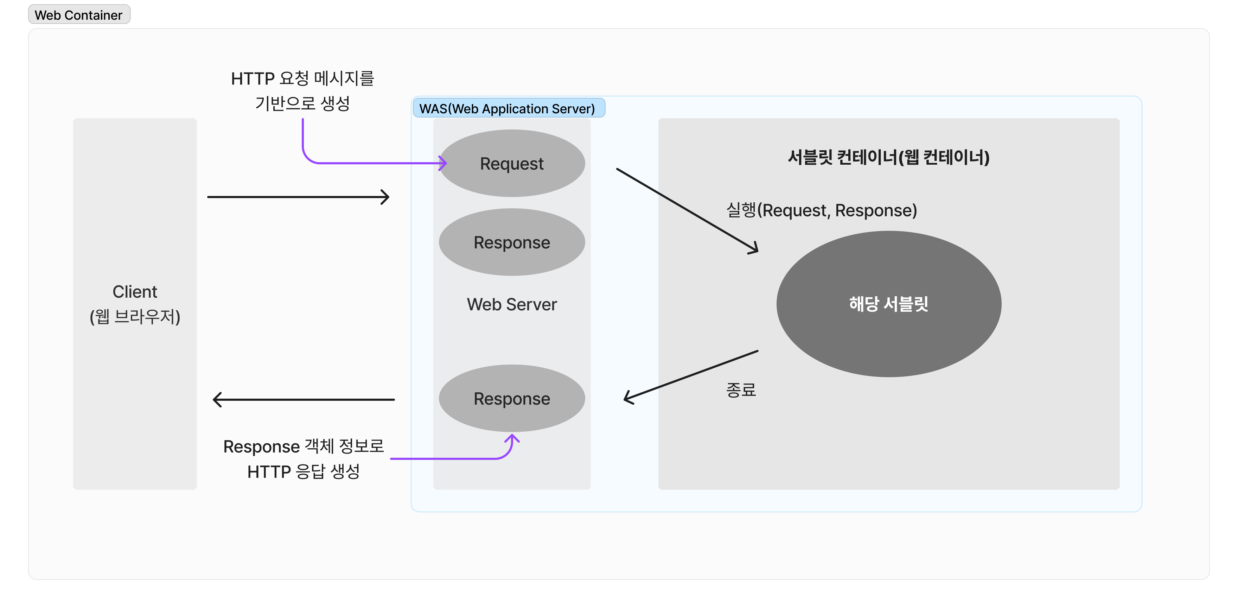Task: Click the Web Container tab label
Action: (x=79, y=15)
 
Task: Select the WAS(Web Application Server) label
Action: (x=508, y=109)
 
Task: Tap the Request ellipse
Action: (x=512, y=163)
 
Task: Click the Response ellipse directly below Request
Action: (x=512, y=242)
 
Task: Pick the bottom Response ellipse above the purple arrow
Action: (x=512, y=398)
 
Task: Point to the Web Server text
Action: (x=512, y=304)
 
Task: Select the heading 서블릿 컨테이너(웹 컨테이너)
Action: (x=889, y=157)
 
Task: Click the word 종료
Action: (x=741, y=389)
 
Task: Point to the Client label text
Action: (x=135, y=292)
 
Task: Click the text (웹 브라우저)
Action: (x=135, y=317)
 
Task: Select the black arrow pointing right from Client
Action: (x=298, y=197)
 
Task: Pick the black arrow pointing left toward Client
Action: (x=304, y=399)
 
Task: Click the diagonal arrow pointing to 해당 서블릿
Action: (x=687, y=210)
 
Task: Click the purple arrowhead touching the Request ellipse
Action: (x=443, y=163)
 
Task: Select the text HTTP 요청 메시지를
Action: (x=302, y=78)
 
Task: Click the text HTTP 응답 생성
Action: (x=303, y=471)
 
